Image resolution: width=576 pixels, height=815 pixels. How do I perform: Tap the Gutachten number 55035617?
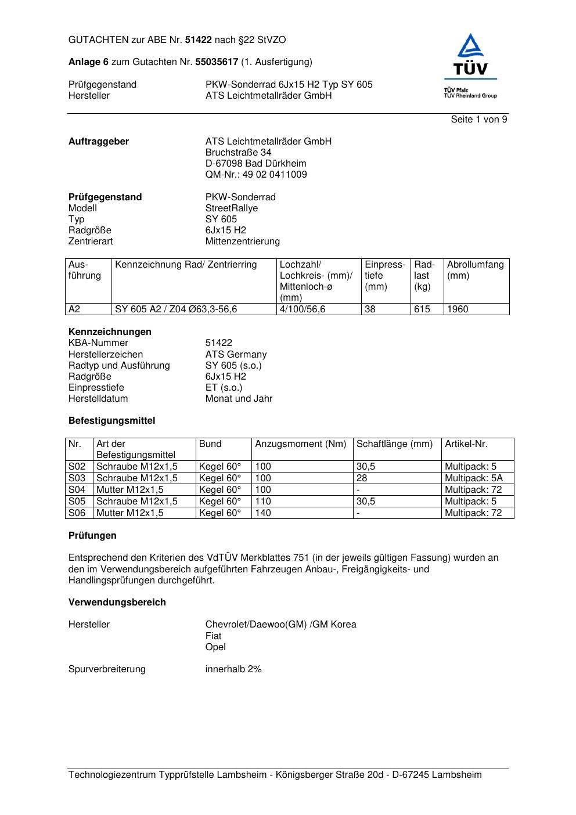[217, 62]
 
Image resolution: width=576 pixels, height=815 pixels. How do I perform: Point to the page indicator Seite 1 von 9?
[479, 120]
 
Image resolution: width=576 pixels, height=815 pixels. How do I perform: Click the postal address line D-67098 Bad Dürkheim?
[255, 164]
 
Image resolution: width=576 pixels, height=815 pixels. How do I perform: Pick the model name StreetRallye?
[232, 208]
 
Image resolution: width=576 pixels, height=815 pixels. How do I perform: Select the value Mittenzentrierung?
[242, 241]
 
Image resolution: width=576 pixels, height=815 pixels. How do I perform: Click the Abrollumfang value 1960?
[458, 309]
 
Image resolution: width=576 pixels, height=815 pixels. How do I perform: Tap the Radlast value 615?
[422, 309]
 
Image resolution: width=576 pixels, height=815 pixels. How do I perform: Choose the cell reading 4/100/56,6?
[303, 309]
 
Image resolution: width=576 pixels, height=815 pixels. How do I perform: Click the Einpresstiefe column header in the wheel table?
[385, 275]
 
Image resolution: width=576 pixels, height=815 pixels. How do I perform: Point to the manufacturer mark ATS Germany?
[236, 355]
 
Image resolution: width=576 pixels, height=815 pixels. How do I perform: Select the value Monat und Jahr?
[239, 399]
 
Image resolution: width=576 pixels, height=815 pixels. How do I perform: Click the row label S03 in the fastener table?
[77, 478]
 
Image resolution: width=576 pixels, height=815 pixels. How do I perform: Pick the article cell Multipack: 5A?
[474, 478]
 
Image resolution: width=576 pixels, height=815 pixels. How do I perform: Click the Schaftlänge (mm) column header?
[395, 444]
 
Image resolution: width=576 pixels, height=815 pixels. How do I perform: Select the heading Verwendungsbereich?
[117, 603]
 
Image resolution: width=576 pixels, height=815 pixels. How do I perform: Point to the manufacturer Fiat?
[213, 636]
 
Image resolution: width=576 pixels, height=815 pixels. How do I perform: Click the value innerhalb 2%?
[233, 669]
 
